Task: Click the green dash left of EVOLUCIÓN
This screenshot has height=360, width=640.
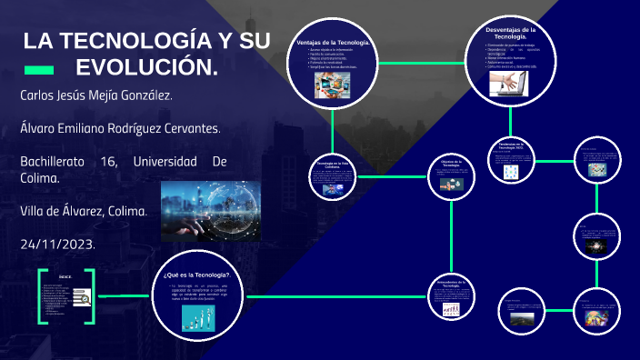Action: point(38,69)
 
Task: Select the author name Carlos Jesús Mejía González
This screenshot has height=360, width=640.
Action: point(103,95)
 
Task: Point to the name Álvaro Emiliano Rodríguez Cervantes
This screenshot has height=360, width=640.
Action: point(120,128)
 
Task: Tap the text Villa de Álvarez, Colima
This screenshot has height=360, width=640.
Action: point(83,211)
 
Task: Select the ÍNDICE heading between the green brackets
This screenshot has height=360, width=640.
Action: point(65,275)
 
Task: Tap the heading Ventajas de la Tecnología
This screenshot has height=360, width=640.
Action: point(334,44)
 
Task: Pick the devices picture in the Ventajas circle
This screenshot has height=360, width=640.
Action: point(334,85)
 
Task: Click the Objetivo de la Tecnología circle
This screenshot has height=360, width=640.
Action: point(452,177)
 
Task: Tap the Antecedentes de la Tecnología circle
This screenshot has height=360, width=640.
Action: point(452,297)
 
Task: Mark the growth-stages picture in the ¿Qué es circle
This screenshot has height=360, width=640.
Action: point(198,316)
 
